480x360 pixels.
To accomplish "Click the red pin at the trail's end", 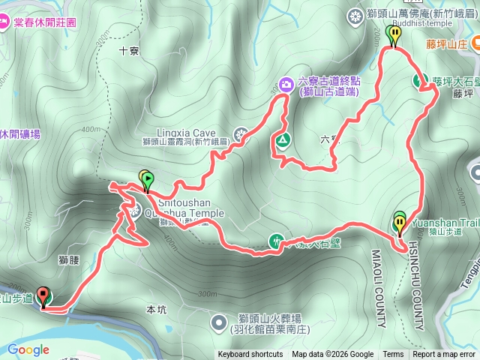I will point(42,297).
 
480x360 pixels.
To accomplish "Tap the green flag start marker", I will point(148,179).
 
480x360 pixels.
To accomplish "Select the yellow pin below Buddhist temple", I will point(392,33).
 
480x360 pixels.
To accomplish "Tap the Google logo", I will point(28,349).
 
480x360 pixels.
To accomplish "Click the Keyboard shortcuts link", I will point(250,355).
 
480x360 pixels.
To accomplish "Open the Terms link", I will point(393,355).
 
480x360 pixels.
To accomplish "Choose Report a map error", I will point(444,355).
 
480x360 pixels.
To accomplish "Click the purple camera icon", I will point(286,83).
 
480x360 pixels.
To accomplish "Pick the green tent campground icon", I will point(283,139).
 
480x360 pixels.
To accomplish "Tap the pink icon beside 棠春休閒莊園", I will point(4,22).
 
